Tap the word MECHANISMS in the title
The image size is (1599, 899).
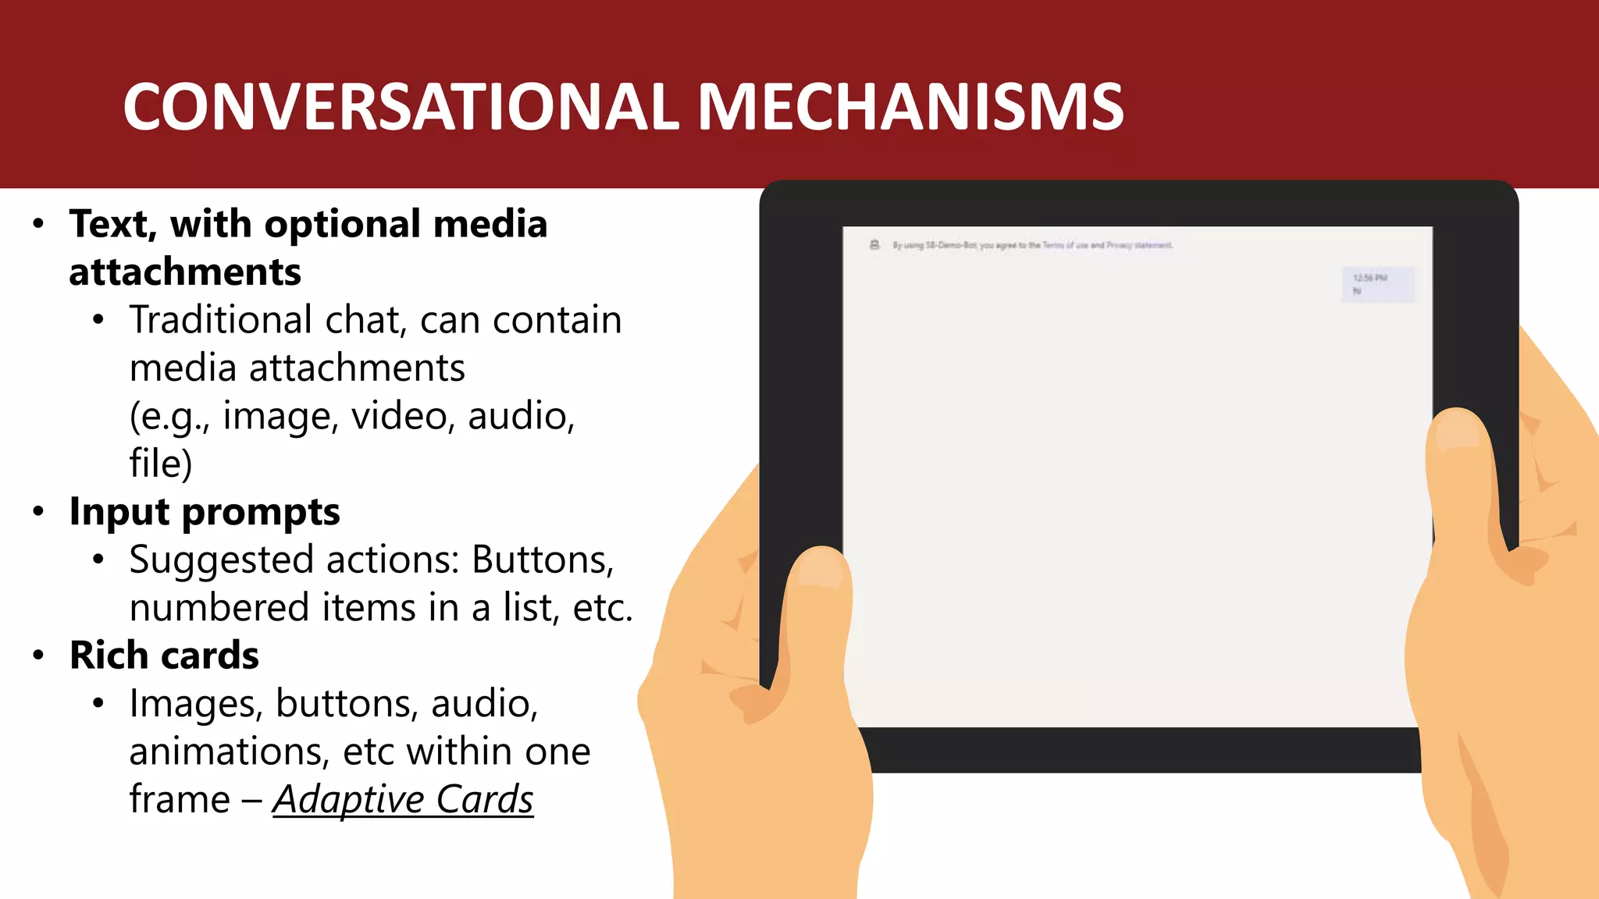tap(910, 107)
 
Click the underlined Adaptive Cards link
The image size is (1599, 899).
tap(403, 799)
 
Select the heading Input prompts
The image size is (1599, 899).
tap(205, 512)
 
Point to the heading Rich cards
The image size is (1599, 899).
tap(164, 656)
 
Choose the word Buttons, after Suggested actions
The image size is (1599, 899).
tap(543, 560)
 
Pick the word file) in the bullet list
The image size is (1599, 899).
tap(161, 464)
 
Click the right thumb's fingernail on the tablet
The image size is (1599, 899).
tap(1457, 431)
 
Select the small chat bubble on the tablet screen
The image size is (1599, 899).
tap(1377, 285)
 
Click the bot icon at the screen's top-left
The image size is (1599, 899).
tap(875, 245)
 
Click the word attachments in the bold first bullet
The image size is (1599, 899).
tap(185, 272)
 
